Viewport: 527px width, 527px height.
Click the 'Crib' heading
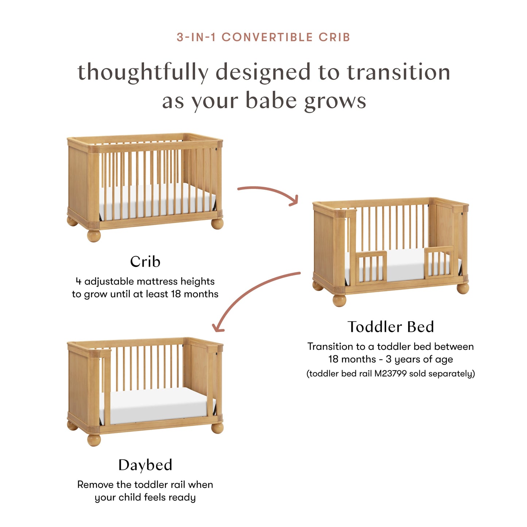coord(145,261)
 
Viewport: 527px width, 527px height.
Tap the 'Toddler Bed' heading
coord(391,327)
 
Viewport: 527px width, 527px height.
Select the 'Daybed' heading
coord(145,465)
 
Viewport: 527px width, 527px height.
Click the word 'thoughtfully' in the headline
coord(143,72)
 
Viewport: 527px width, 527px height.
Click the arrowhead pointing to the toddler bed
coord(294,200)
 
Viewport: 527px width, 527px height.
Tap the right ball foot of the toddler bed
coord(463,288)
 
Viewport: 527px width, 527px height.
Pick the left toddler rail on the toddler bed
coord(371,267)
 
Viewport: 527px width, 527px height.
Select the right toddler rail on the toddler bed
coord(439,262)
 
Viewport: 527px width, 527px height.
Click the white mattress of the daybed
coord(157,405)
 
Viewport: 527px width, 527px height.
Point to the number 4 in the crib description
coord(78,281)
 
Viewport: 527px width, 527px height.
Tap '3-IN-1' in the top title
coord(196,37)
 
